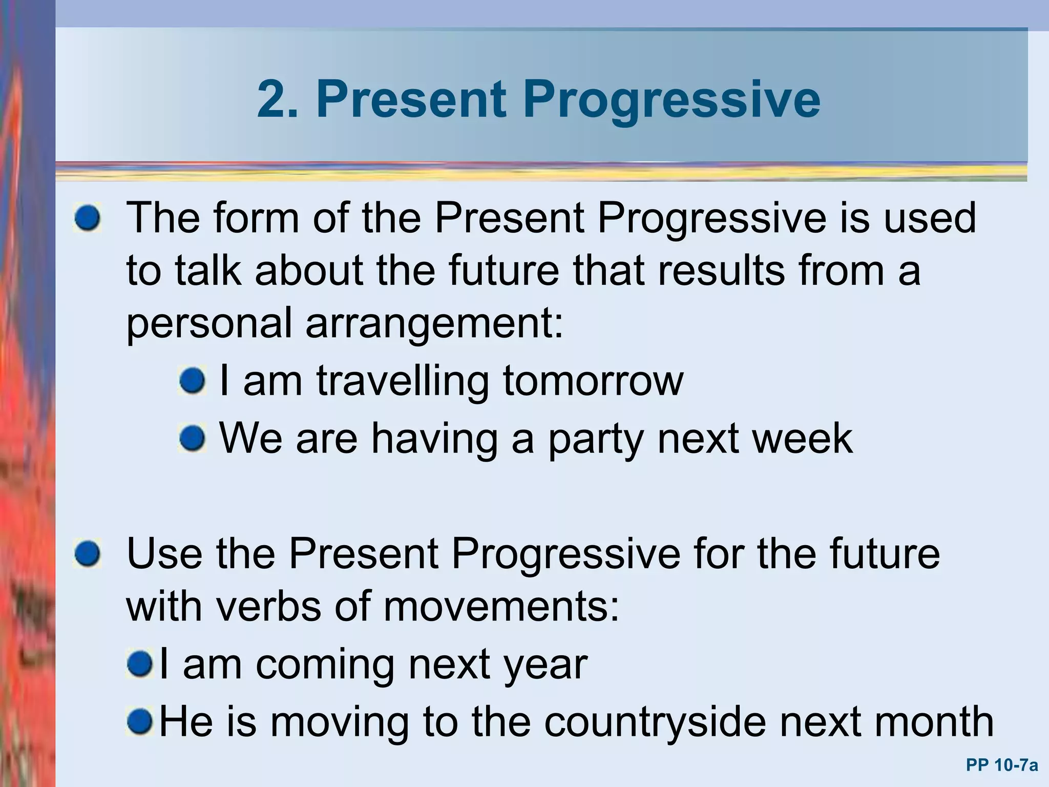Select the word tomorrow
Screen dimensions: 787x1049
pos(593,381)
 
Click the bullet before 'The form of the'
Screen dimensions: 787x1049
pos(87,219)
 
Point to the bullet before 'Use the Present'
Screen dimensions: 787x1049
pos(87,554)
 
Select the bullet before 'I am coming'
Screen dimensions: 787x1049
pos(139,665)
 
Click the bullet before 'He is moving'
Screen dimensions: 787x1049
pos(139,721)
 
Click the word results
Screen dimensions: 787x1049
pos(721,271)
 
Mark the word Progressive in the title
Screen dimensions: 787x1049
pos(671,100)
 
